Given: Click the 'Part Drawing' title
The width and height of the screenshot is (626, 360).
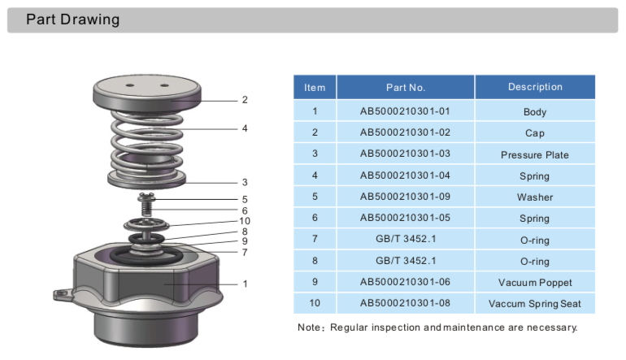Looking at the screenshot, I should (x=72, y=20).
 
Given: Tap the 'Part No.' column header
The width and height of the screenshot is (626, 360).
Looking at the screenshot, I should (x=405, y=87).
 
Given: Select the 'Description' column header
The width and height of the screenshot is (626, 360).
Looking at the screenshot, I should (x=534, y=87).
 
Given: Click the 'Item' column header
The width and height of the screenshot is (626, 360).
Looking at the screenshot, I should (x=315, y=88).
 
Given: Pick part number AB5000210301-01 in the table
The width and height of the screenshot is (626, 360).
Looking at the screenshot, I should (x=405, y=111).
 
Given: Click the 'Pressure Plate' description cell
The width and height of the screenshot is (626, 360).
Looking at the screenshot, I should (x=534, y=154).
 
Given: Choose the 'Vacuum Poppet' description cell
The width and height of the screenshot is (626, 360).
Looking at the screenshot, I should (x=534, y=282).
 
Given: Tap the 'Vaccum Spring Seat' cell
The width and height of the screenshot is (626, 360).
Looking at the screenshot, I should (x=534, y=304).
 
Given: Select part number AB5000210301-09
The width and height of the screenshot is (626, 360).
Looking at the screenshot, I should (x=405, y=197).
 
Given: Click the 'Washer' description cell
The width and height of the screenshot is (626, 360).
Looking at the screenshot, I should (x=534, y=197).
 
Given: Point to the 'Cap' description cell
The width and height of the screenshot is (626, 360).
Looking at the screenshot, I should (x=534, y=133).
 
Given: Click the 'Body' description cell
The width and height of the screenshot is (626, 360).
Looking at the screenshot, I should (x=534, y=112).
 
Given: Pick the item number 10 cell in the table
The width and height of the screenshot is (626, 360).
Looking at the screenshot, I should (x=315, y=303).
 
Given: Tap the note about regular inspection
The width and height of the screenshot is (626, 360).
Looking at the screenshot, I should (x=437, y=327).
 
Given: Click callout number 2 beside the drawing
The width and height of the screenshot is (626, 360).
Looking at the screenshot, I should (x=244, y=100).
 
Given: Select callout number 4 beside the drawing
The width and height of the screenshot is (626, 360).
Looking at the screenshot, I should (x=244, y=128).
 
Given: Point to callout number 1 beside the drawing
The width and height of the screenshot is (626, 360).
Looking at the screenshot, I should (x=245, y=284).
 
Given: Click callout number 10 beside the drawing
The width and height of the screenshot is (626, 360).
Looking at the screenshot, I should (x=244, y=221).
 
